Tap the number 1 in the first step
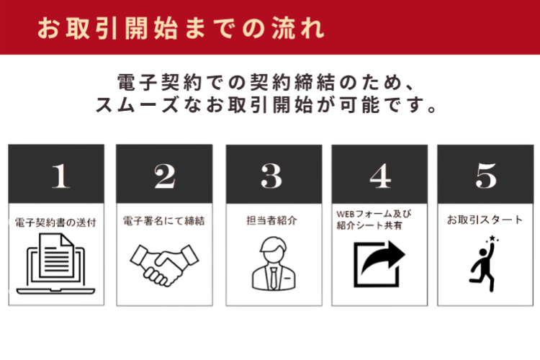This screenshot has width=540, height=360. pyautogui.click(x=60, y=176)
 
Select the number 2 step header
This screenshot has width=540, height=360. pyautogui.click(x=164, y=176)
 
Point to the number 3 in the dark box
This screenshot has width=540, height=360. pyautogui.click(x=271, y=176)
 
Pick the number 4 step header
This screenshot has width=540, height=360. pyautogui.click(x=379, y=176)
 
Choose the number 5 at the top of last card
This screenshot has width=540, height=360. pyautogui.click(x=486, y=176)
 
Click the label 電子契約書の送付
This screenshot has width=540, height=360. pyautogui.click(x=55, y=222)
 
